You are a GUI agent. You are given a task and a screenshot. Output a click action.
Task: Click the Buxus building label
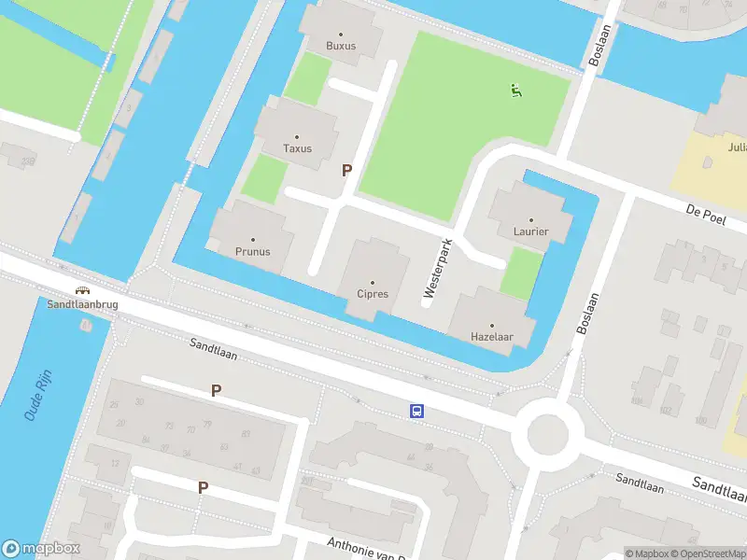tap(341, 46)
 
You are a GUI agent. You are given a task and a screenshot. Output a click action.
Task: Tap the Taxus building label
tap(297, 148)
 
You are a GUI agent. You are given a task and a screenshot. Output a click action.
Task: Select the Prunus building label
tap(252, 251)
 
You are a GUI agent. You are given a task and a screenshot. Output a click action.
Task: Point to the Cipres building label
tap(372, 294)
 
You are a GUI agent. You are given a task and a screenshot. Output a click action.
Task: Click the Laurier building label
tap(530, 231)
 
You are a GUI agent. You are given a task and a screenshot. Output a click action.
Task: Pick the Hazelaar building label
tap(492, 337)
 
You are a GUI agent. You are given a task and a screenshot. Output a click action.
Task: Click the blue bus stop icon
tap(417, 411)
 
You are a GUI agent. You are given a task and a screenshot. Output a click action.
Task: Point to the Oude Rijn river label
tap(43, 398)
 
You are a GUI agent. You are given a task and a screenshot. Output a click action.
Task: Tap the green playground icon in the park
tap(514, 91)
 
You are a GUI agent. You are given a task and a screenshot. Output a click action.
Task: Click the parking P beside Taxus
tap(347, 171)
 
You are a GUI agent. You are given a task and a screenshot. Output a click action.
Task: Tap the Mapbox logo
tap(41, 549)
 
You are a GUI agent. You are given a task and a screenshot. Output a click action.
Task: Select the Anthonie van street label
tap(365, 548)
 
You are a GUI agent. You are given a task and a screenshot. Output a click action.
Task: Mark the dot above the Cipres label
tap(372, 282)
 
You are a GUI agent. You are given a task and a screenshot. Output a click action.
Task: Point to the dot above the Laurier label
tap(530, 219)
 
